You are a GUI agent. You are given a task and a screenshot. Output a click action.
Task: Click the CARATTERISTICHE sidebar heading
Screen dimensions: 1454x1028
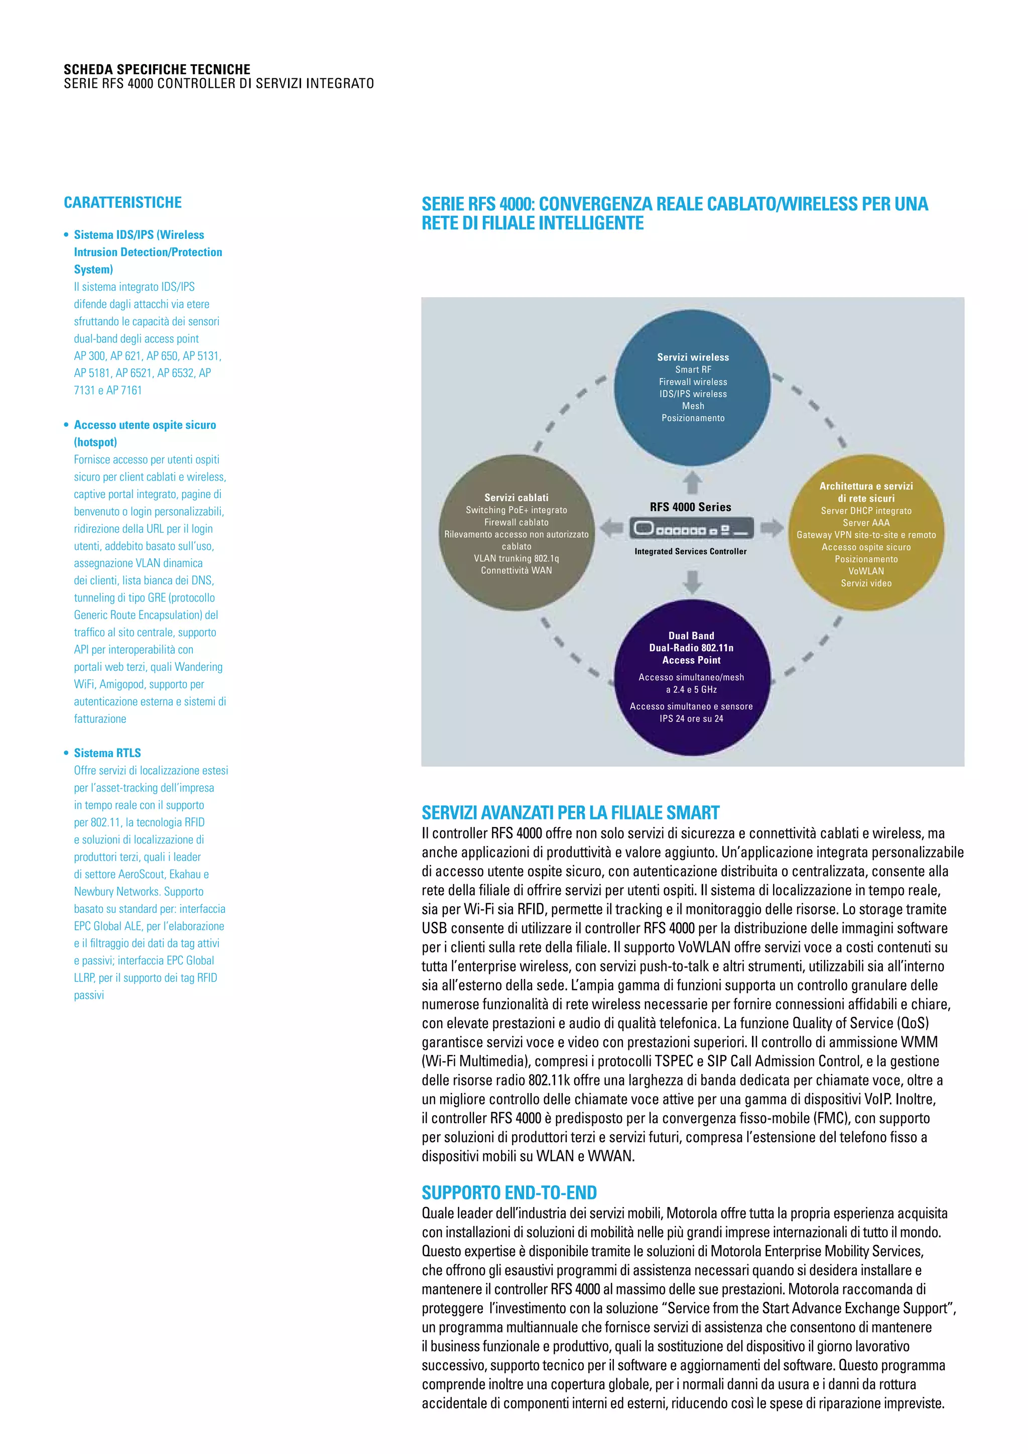tap(123, 203)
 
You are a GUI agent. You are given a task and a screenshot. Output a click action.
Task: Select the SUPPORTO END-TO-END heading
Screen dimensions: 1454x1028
tap(509, 1193)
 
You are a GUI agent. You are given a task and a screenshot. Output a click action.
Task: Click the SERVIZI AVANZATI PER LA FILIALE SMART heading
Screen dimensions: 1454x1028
tap(570, 812)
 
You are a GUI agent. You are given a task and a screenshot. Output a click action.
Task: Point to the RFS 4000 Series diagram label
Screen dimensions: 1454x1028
tap(690, 507)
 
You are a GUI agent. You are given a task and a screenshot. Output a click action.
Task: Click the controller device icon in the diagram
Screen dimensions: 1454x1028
tap(691, 528)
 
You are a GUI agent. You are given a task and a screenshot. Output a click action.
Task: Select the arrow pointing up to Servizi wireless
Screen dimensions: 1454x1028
tap(693, 482)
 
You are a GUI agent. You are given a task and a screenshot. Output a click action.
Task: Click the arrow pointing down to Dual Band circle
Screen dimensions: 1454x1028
tap(693, 581)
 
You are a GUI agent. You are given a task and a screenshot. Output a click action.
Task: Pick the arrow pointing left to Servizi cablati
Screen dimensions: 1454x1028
tap(611, 528)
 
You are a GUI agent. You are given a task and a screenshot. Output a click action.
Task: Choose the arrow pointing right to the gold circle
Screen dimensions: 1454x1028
tap(771, 528)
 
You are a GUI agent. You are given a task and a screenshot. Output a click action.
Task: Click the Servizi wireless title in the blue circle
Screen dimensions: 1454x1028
tap(693, 357)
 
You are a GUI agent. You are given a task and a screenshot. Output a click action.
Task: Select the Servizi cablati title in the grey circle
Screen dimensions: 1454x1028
tap(517, 498)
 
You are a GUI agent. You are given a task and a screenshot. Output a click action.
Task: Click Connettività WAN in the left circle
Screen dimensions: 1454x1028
tap(517, 570)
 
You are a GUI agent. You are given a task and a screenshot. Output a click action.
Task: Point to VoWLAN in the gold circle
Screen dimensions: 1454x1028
tap(866, 571)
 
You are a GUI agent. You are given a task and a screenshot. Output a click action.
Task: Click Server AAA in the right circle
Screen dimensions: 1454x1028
tap(866, 523)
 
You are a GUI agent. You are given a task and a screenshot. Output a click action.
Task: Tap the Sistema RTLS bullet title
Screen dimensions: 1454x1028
tap(107, 753)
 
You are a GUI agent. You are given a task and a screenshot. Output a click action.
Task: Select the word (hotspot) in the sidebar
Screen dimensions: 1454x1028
tap(95, 442)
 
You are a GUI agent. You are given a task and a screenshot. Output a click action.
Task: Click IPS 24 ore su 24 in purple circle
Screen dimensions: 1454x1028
tap(691, 719)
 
